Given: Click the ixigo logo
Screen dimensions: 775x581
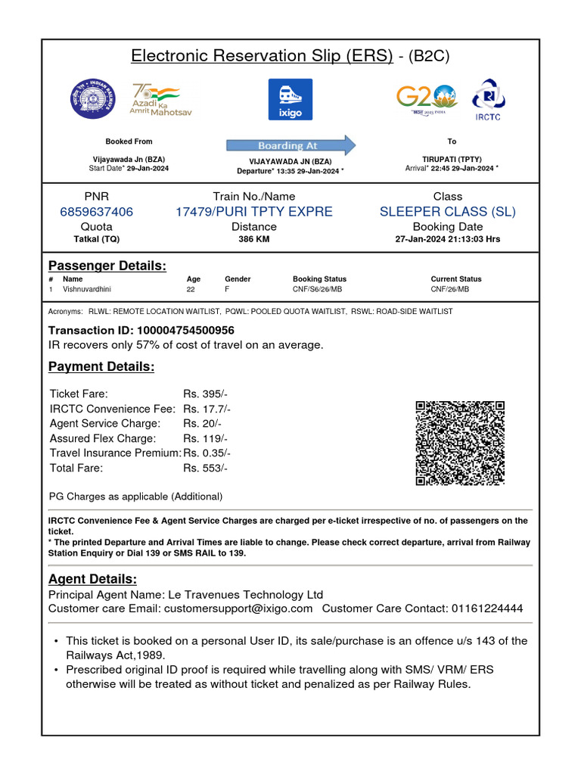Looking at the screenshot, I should [x=290, y=99].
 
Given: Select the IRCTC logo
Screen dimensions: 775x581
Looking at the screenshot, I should [x=488, y=99].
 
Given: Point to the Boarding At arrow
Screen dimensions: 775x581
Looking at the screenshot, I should [x=290, y=145].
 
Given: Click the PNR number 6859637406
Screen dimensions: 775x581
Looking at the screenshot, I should [x=96, y=212].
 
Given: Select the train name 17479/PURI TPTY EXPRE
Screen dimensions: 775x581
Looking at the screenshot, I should [x=253, y=212].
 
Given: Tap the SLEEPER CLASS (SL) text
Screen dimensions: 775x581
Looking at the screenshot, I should [x=447, y=212].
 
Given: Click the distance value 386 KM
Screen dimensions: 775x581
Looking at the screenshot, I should [x=253, y=239].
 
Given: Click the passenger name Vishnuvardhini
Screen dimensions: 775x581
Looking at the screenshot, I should [x=92, y=289].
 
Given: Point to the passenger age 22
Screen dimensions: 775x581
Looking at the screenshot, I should [x=191, y=289].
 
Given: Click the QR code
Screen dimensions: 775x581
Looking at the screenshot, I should [x=460, y=443].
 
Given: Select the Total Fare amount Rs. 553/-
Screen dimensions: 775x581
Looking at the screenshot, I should [x=205, y=468].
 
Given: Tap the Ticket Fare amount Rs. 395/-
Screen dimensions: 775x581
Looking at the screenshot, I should [x=205, y=394].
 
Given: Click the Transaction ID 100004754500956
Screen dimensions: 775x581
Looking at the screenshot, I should [x=185, y=330].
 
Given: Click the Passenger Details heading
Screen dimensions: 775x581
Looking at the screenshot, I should [x=107, y=266].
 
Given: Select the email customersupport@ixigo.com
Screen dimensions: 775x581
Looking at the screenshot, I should [x=238, y=608].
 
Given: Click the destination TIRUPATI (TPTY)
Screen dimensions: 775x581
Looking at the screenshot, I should [x=452, y=160].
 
